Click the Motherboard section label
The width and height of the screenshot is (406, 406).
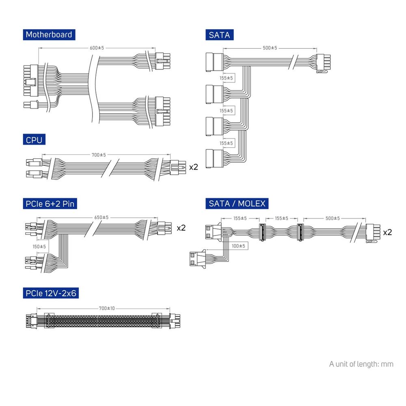pos(49,35)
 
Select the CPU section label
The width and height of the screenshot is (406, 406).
pos(34,140)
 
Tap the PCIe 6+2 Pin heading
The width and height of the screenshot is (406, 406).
pos(50,203)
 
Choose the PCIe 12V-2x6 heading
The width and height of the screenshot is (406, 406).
pos(51,293)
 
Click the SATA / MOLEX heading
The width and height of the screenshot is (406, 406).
pos(237,203)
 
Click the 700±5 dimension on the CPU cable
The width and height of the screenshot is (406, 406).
pos(98,155)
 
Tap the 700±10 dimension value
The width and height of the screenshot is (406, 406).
pos(106,308)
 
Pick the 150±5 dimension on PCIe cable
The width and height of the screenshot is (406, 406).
pos(39,246)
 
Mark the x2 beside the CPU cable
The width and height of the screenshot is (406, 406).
pos(194,166)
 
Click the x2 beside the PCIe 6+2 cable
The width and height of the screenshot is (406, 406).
pos(181,228)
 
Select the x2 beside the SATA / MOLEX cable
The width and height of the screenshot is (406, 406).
pos(387,232)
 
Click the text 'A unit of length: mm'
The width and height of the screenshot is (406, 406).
pos(361,364)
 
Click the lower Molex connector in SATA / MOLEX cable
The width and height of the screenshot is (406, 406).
pos(197,259)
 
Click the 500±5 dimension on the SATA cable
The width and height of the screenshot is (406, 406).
pos(270,48)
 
